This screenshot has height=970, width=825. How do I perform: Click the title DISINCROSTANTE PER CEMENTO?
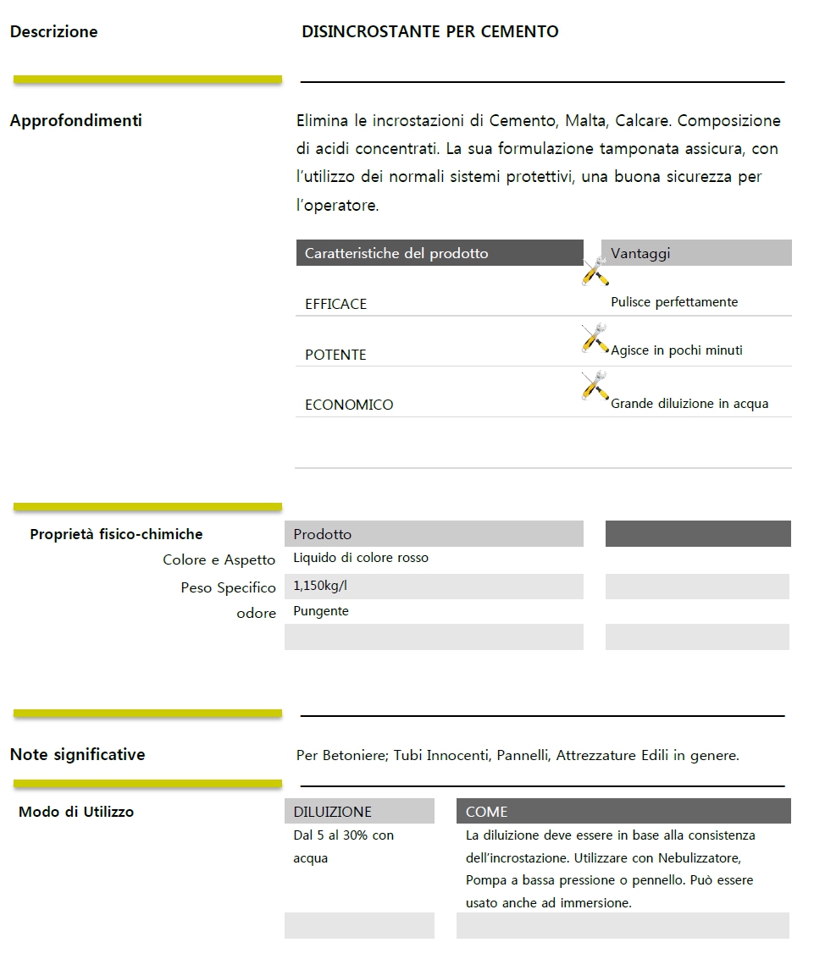point(429,32)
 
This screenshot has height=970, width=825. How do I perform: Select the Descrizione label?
point(53,32)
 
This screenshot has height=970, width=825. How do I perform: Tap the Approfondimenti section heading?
point(75,121)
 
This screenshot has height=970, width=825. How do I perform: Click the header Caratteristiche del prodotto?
point(396,253)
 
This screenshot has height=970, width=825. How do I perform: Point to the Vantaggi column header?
point(640,253)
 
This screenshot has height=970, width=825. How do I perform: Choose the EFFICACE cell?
point(335,304)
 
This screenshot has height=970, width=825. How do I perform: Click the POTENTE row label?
point(335,355)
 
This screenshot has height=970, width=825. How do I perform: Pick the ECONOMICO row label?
point(349,405)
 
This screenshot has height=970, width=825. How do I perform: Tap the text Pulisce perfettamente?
point(674,302)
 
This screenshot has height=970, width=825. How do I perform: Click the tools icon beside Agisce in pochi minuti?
point(595,339)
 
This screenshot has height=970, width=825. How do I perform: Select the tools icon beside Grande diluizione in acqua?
point(595,386)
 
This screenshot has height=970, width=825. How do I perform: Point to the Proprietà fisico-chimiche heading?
point(116,534)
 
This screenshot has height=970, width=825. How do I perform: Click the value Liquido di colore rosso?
point(361,558)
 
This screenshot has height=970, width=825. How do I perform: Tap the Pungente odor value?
point(321,611)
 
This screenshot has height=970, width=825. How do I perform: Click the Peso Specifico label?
point(228,587)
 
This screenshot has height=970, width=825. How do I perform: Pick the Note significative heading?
point(77,754)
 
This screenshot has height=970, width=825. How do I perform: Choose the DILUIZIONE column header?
point(332,812)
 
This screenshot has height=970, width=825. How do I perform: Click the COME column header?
point(486,812)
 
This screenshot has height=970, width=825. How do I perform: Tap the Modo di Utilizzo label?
point(76,812)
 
